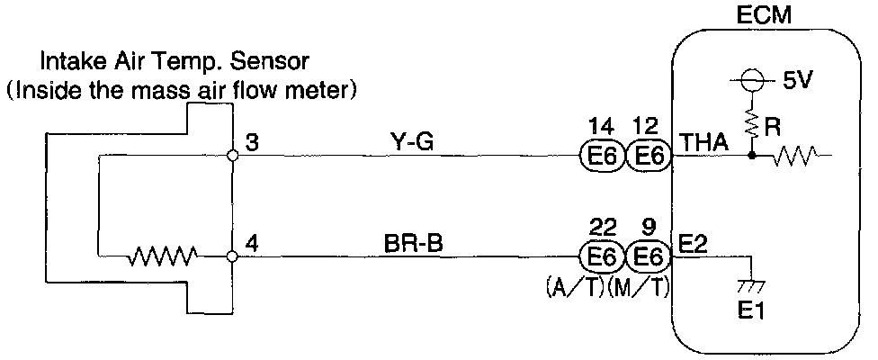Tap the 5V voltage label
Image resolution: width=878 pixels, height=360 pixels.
click(x=797, y=80)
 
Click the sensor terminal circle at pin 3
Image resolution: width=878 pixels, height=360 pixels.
click(x=233, y=155)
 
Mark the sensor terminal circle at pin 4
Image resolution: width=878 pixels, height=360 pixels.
click(x=233, y=256)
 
